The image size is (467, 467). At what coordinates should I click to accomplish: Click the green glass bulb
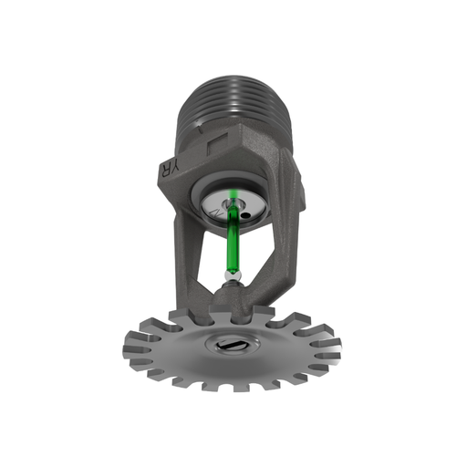tap(233, 239)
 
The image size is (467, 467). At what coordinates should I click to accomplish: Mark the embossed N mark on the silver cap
tap(213, 211)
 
